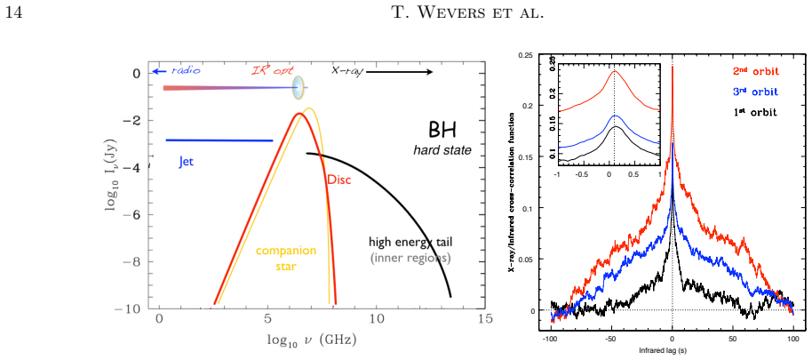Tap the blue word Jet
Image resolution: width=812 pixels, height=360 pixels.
click(187, 162)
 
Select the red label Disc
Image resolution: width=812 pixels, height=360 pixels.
click(338, 180)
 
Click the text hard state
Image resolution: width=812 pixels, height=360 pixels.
click(442, 151)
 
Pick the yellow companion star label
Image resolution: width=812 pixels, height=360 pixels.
click(285, 258)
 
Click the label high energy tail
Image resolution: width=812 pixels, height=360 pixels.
click(414, 242)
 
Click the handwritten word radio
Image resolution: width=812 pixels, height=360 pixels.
click(186, 70)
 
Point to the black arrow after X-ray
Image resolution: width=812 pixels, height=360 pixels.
click(399, 72)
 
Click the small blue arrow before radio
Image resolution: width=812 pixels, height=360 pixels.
click(159, 71)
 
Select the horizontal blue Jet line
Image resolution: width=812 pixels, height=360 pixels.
click(219, 140)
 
